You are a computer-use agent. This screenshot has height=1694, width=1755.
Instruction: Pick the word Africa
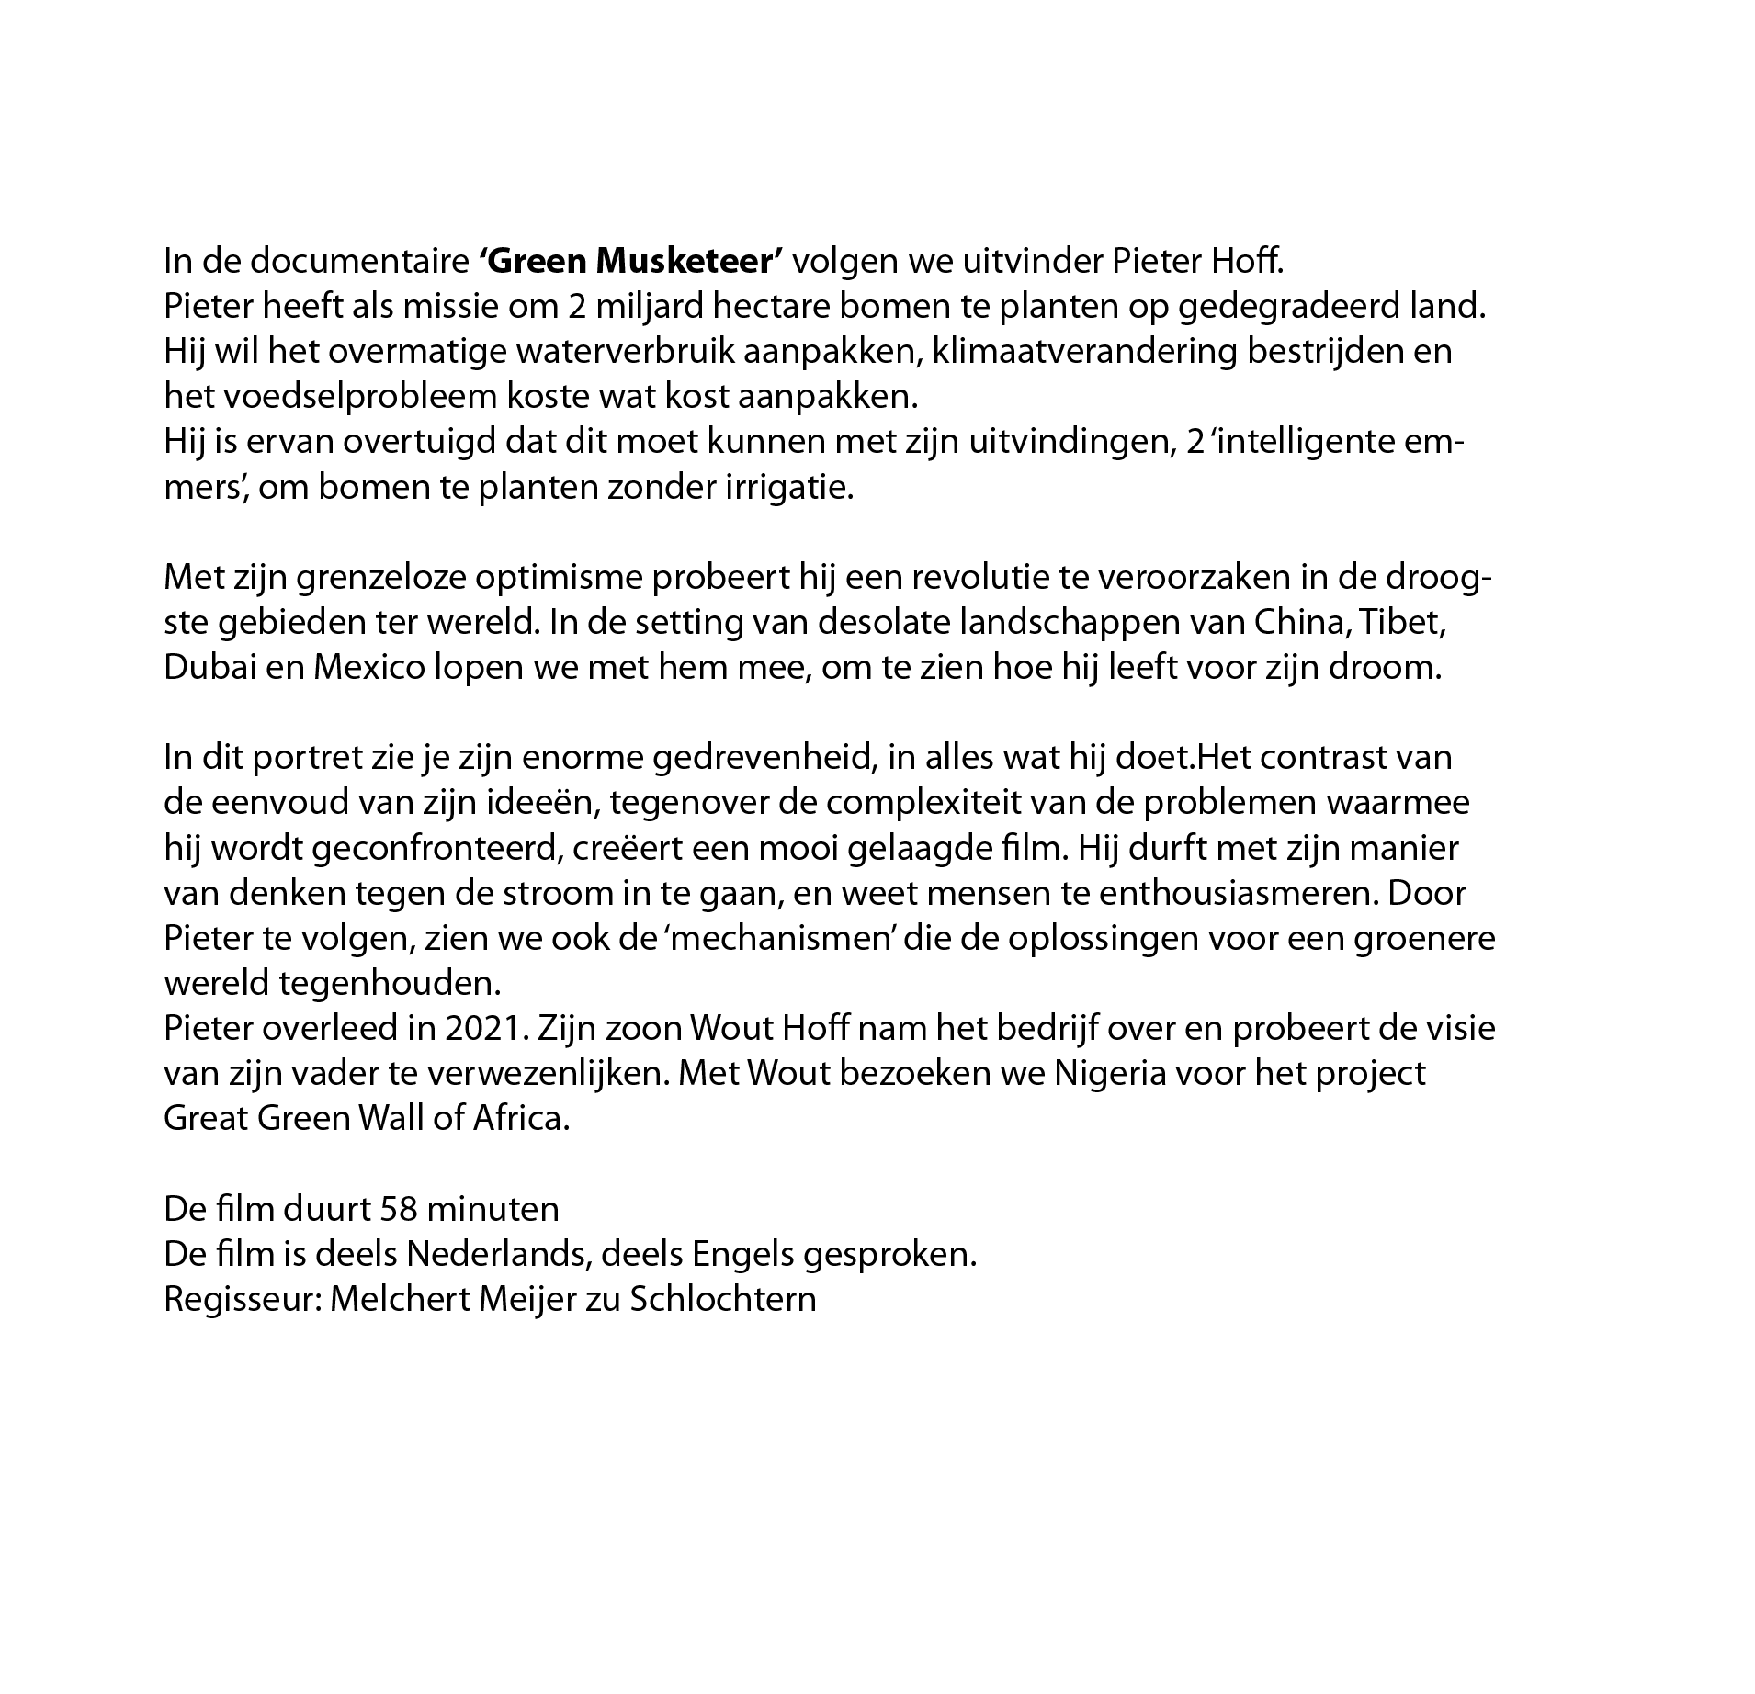[x=521, y=1119]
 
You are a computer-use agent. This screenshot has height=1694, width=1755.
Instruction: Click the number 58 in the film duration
[x=400, y=1209]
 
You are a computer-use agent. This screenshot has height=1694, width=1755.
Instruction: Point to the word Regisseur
[x=241, y=1300]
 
